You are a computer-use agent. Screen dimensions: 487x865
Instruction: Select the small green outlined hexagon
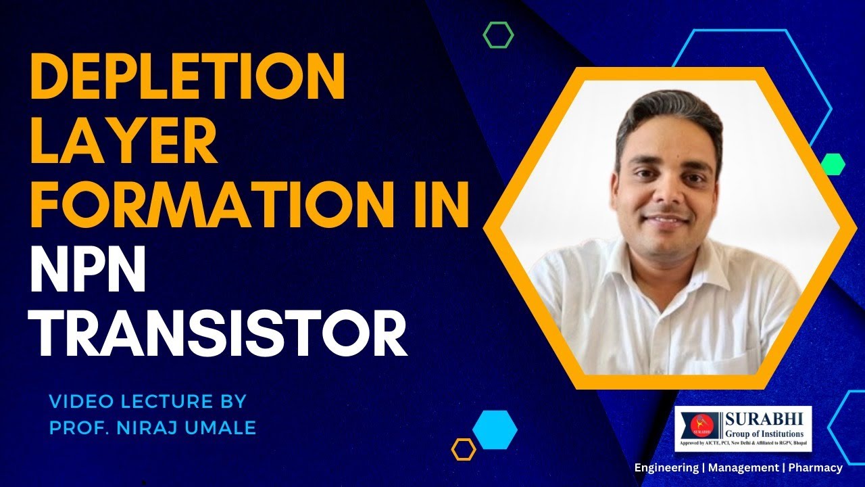[499, 34]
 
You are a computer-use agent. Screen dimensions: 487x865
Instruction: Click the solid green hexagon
[833, 164]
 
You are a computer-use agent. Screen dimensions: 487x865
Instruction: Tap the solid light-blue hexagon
[495, 430]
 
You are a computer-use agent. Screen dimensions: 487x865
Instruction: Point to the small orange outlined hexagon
[464, 449]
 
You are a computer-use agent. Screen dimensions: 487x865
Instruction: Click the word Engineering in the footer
[666, 467]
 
